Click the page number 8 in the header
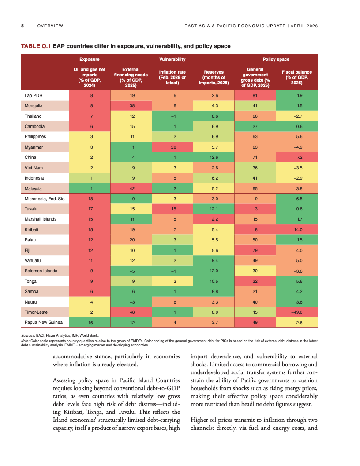click(22, 26)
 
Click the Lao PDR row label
click(33, 95)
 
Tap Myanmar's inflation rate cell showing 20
click(174, 147)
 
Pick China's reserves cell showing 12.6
click(215, 157)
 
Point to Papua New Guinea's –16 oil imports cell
click(91, 322)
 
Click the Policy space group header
click(276, 59)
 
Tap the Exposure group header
click(89, 59)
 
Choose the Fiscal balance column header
click(296, 77)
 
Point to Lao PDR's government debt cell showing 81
click(255, 95)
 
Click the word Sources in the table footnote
click(28, 336)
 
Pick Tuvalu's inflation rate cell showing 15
click(174, 209)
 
